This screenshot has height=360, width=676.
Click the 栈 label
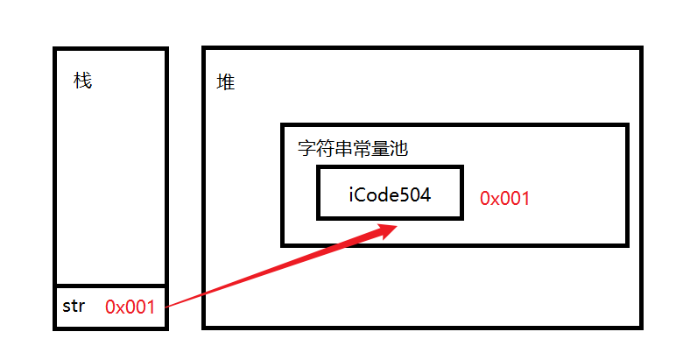pyautogui.click(x=83, y=81)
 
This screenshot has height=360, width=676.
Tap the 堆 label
pyautogui.click(x=226, y=83)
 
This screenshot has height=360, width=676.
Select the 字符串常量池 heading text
pyautogui.click(x=353, y=149)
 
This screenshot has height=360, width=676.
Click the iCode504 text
pyautogui.click(x=391, y=194)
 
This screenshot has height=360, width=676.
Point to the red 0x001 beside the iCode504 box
pyautogui.click(x=504, y=198)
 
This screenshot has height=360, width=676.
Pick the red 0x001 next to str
pyautogui.click(x=130, y=307)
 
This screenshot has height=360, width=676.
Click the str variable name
pyautogui.click(x=74, y=307)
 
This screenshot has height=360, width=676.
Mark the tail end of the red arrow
pyautogui.click(x=167, y=306)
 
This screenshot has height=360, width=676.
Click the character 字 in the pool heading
pyautogui.click(x=307, y=149)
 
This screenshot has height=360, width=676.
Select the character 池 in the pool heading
pyautogui.click(x=399, y=149)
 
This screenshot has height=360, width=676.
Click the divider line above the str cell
pyautogui.click(x=110, y=286)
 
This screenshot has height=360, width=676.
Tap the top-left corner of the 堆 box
pyautogui.click(x=204, y=49)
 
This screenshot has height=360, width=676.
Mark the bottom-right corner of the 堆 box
pyautogui.click(x=640, y=327)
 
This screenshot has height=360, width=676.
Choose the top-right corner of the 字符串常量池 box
pyautogui.click(x=627, y=126)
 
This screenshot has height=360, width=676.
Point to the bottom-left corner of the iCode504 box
pyautogui.click(x=319, y=217)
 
